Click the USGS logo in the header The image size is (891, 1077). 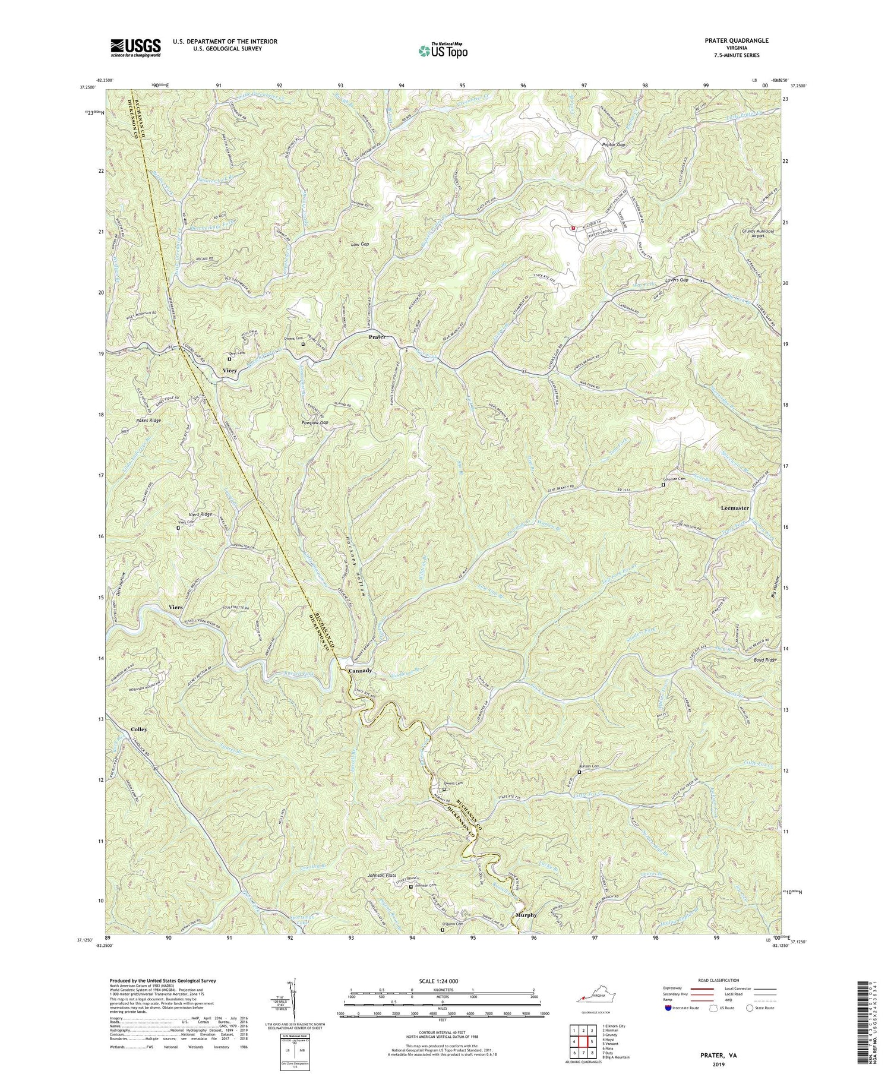(x=135, y=48)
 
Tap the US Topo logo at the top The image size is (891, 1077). (x=443, y=50)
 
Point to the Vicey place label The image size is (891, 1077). (x=229, y=371)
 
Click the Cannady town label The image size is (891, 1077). (x=360, y=670)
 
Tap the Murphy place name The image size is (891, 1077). (x=526, y=915)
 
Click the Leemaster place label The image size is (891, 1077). (x=735, y=509)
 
